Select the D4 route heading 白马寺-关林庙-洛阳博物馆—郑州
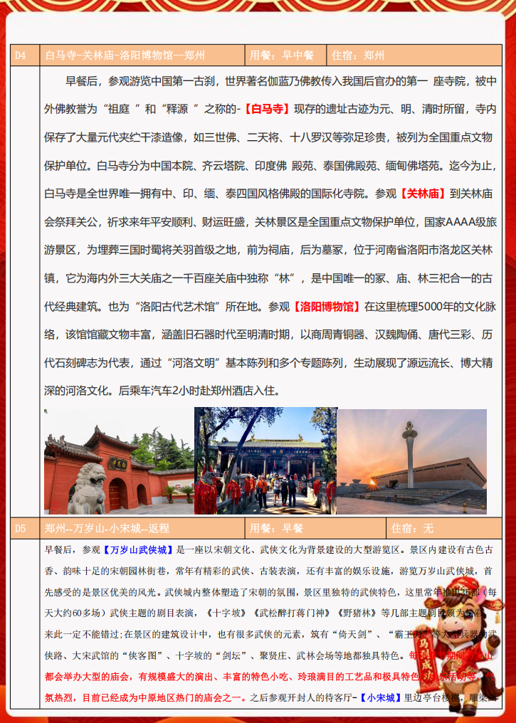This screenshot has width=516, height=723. click(x=125, y=56)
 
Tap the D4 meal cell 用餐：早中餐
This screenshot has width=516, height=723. click(x=282, y=56)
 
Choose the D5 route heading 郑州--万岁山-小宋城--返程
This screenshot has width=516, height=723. click(x=107, y=529)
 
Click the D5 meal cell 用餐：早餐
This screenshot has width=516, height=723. click(x=277, y=529)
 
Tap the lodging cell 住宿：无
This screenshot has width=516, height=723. click(x=412, y=529)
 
